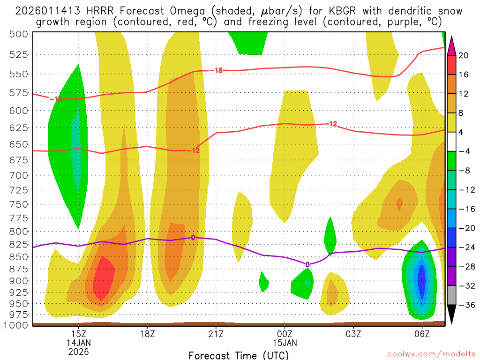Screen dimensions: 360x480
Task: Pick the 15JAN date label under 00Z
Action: [285, 342]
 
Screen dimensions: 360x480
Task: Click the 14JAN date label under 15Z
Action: [78, 342]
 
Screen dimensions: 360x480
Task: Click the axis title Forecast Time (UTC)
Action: [239, 355]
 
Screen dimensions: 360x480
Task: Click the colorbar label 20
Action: [464, 55]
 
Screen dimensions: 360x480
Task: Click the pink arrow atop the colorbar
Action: [452, 45]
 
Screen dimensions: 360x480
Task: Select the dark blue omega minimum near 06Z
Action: [421, 280]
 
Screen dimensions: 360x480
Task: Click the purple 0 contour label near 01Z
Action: [307, 265]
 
